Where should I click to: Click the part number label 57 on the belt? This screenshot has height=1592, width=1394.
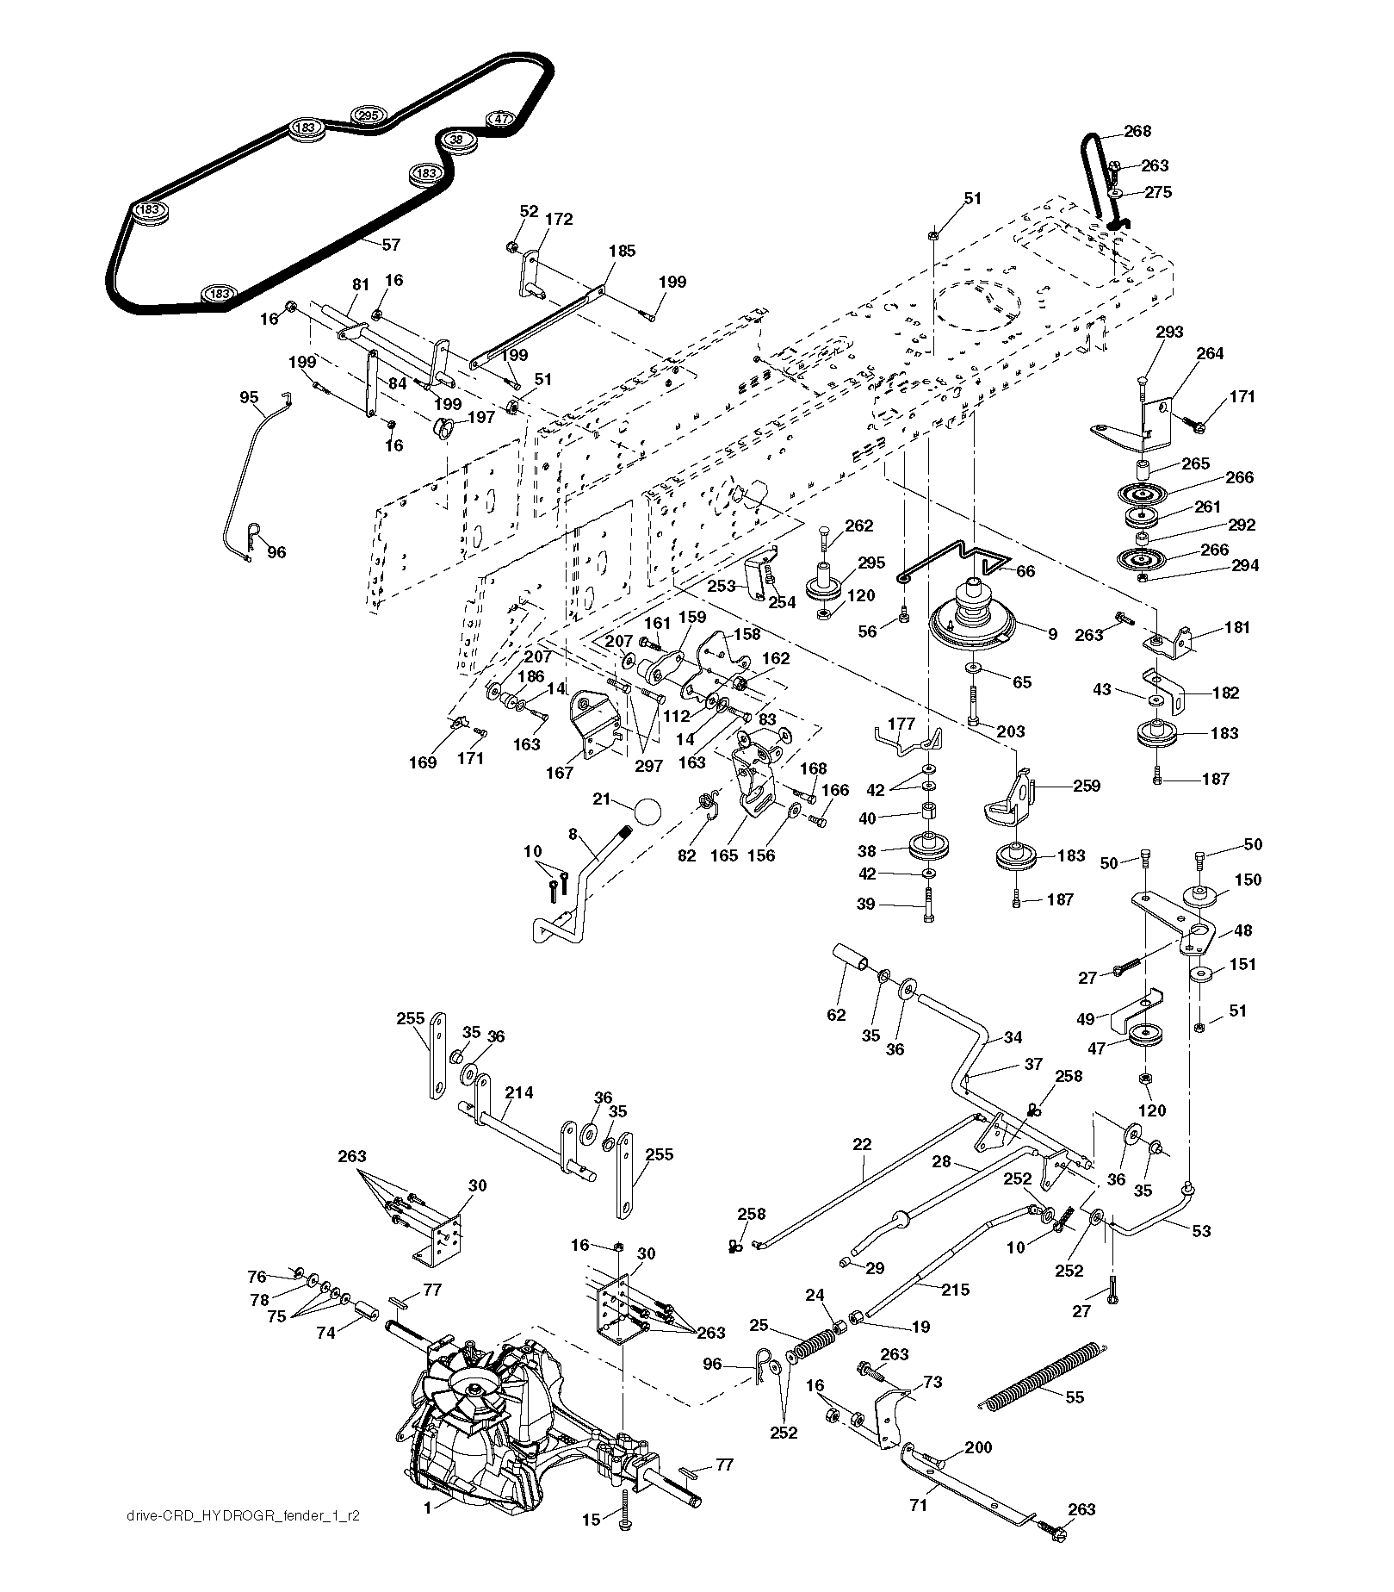pyautogui.click(x=391, y=245)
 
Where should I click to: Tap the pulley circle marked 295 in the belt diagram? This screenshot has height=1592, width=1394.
pyautogui.click(x=368, y=115)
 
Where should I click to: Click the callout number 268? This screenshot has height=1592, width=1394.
pyautogui.click(x=1137, y=132)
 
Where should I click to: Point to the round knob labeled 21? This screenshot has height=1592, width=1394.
pyautogui.click(x=647, y=812)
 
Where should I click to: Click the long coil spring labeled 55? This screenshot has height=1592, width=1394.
pyautogui.click(x=1040, y=1375)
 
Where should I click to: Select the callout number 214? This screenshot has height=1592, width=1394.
pyautogui.click(x=519, y=1092)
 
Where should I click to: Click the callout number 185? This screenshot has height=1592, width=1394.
pyautogui.click(x=621, y=251)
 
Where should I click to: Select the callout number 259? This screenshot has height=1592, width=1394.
pyautogui.click(x=1087, y=786)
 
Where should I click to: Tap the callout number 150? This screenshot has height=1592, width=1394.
pyautogui.click(x=1248, y=880)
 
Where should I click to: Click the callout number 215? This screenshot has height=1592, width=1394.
pyautogui.click(x=956, y=1290)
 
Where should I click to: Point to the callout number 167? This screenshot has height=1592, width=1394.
pyautogui.click(x=560, y=773)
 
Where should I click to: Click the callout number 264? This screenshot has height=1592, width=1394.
pyautogui.click(x=1210, y=353)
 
